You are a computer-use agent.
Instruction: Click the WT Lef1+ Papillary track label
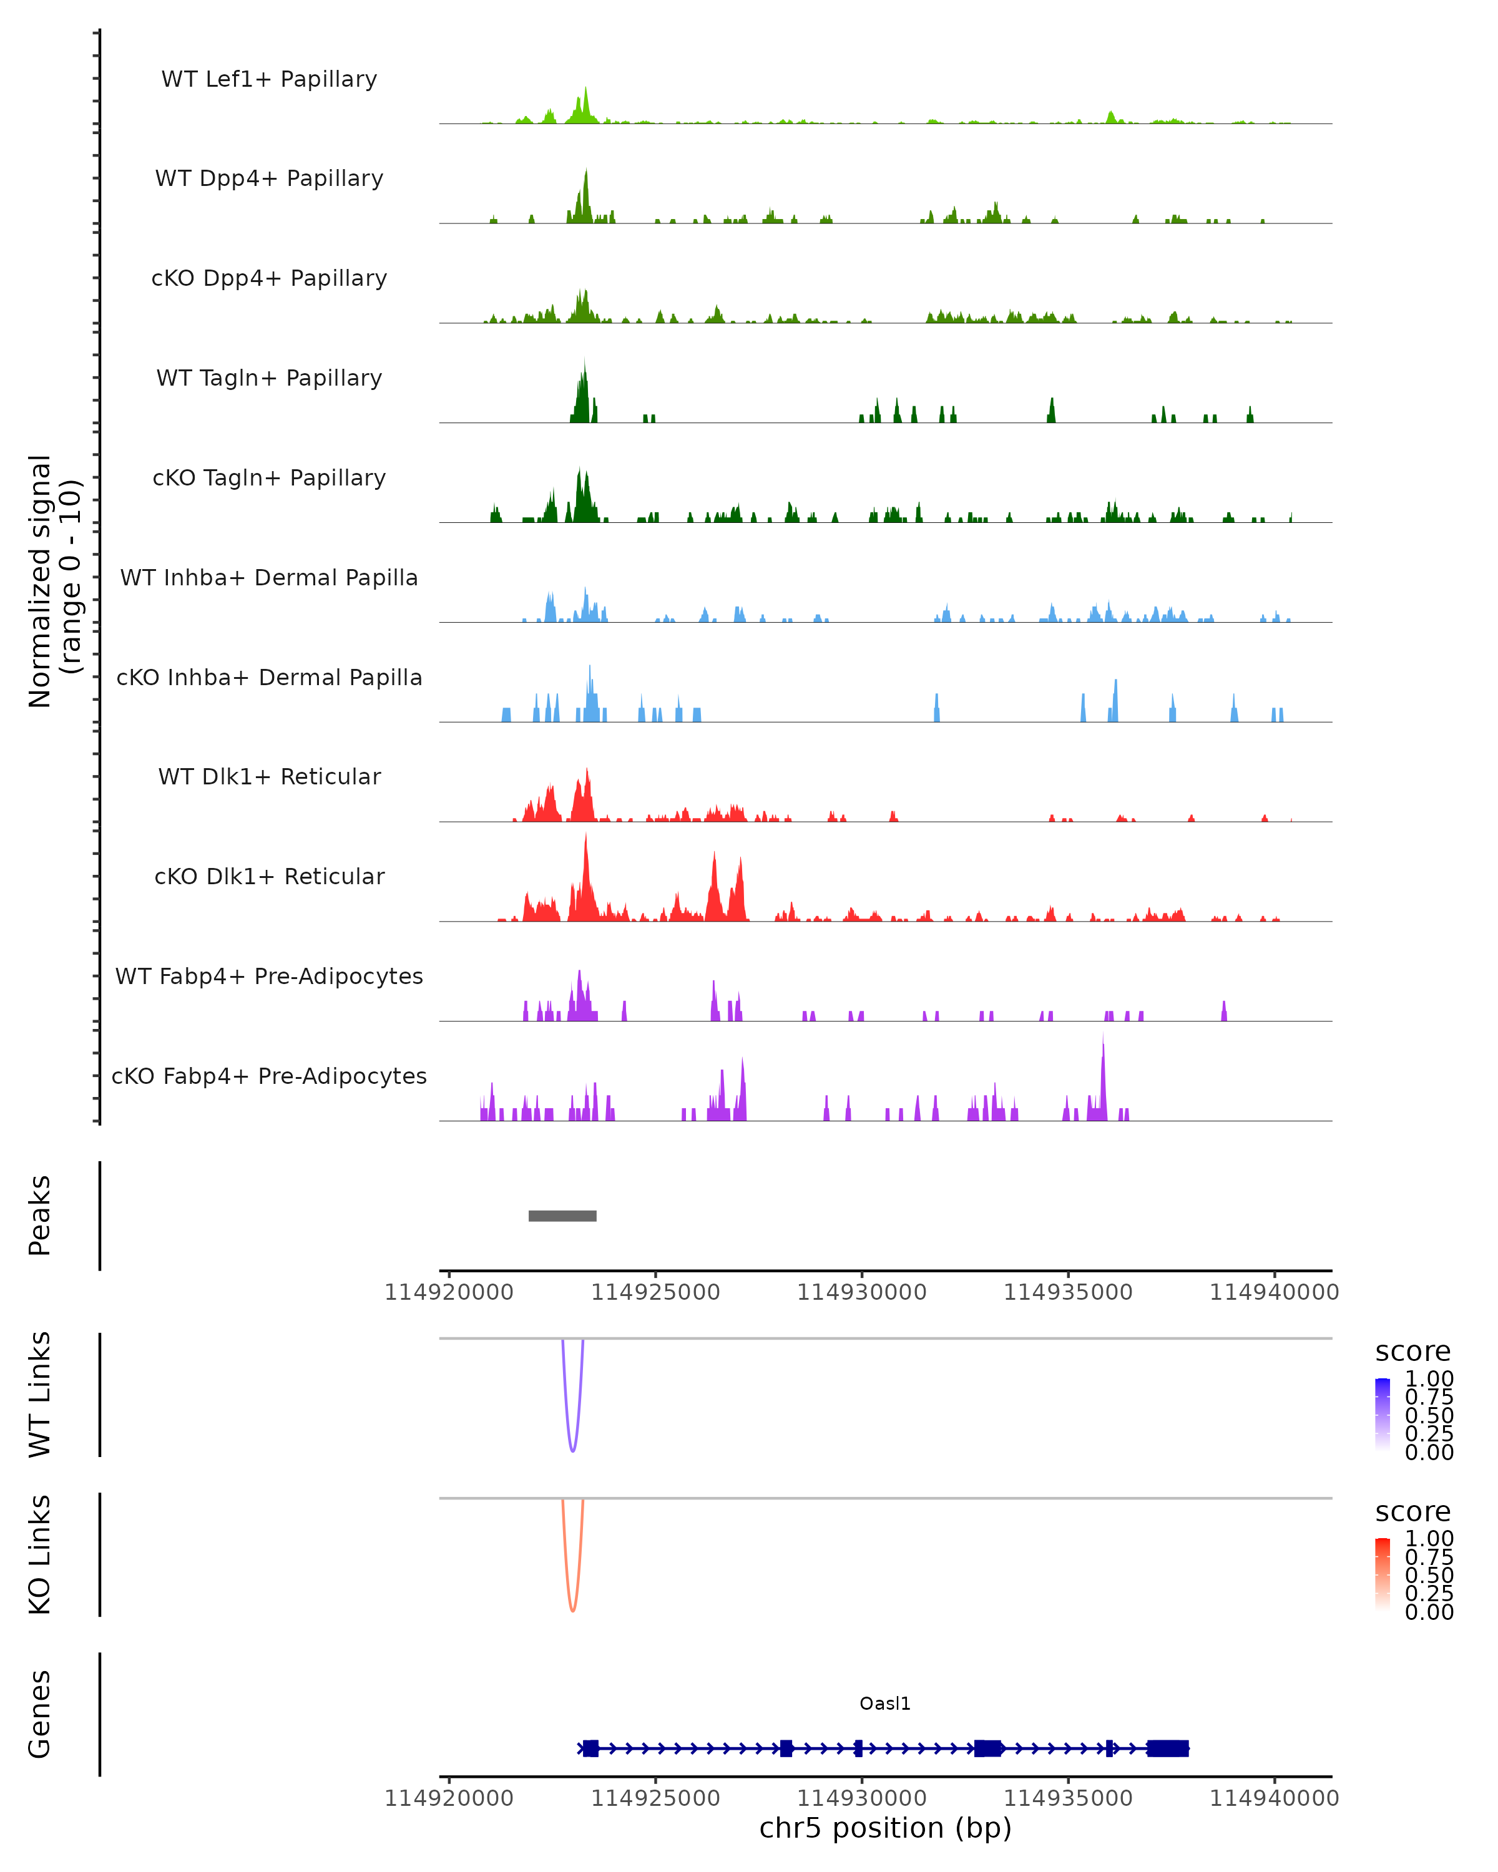tap(269, 79)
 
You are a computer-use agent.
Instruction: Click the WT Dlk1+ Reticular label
tap(269, 776)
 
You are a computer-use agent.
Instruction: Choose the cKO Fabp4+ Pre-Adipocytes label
tap(269, 1076)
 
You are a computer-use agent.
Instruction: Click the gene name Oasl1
tap(885, 1704)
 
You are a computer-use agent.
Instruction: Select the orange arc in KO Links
tap(572, 1609)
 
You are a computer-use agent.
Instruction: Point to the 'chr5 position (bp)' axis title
tap(885, 1828)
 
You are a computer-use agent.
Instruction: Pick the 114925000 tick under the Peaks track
tap(655, 1292)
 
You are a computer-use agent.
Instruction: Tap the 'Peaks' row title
tap(39, 1216)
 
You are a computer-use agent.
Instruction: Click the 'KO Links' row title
tap(39, 1554)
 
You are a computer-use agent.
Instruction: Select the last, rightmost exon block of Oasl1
tap(1167, 1748)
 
